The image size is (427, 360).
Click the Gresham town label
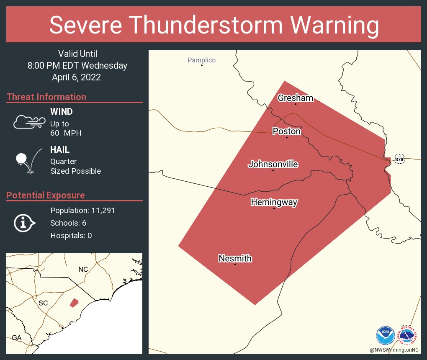pyautogui.click(x=295, y=98)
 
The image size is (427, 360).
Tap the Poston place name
pyautogui.click(x=286, y=131)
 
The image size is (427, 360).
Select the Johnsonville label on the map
pyautogui.click(x=273, y=164)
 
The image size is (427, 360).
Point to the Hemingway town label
pyautogui.click(x=274, y=203)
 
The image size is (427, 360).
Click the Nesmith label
pyautogui.click(x=235, y=259)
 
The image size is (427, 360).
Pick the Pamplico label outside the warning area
pyautogui.click(x=201, y=60)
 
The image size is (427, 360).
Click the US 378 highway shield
pyautogui.click(x=399, y=159)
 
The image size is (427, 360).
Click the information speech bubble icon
pyautogui.click(x=24, y=223)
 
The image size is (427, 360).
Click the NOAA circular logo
pyautogui.click(x=385, y=335)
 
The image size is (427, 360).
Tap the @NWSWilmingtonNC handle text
pyautogui.click(x=394, y=349)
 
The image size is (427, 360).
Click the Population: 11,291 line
pyautogui.click(x=82, y=210)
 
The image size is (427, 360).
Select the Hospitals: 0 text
pyautogui.click(x=71, y=235)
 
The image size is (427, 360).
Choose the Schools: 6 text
pyautogui.click(x=68, y=223)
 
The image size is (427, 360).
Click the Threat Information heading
pyautogui.click(x=46, y=97)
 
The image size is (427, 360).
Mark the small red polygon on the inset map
pyautogui.click(x=74, y=302)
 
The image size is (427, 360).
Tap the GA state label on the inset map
pyautogui.click(x=17, y=337)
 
